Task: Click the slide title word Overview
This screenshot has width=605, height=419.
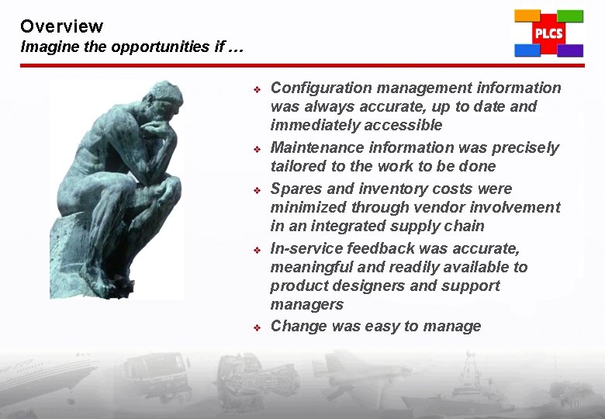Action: pos(61,26)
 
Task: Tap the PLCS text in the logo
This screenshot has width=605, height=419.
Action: pos(548,34)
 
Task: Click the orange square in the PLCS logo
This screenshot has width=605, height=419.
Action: pos(527,15)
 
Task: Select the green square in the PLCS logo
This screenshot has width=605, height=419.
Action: pos(570,16)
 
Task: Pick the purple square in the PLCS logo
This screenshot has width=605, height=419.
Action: pos(570,50)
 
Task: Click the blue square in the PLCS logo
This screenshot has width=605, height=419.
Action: pos(527,50)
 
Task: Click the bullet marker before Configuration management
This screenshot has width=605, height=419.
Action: pos(258,89)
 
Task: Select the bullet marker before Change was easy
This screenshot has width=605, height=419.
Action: pos(258,327)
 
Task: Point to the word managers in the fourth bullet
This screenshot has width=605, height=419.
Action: pos(306,304)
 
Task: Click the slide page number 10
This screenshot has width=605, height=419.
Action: pos(573,404)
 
